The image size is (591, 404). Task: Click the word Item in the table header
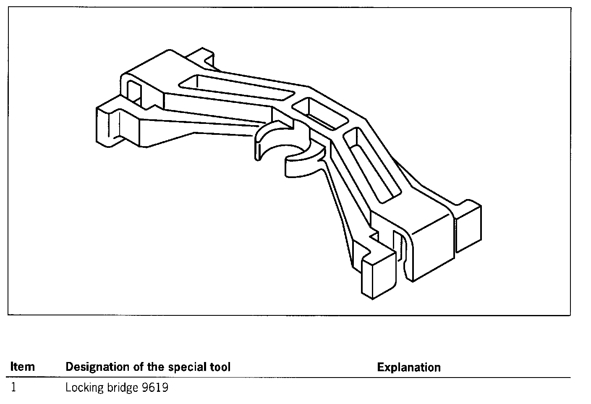pos(22,367)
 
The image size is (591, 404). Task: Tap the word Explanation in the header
pos(408,367)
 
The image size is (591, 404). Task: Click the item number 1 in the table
pos(14,387)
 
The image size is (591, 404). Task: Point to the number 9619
pos(155,387)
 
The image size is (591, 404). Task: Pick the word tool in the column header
pos(220,367)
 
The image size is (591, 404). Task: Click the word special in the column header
pos(186,367)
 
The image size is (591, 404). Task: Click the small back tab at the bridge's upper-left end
pos(201,57)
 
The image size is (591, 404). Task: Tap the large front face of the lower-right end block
pos(432,252)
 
